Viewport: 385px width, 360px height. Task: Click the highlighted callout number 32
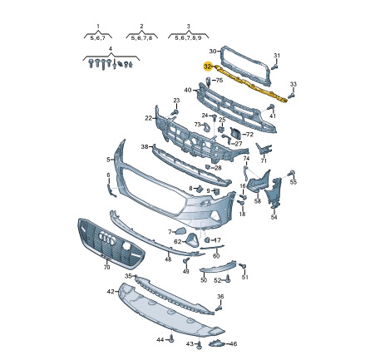208,67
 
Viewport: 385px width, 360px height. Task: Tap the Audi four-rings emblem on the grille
107,239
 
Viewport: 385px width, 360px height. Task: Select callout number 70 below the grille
106,267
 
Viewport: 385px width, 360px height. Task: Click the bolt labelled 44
171,338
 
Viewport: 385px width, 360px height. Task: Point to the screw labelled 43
199,345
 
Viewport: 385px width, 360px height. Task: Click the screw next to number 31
274,67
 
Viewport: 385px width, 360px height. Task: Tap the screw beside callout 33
291,96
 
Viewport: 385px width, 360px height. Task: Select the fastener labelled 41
270,107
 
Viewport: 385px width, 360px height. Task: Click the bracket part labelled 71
264,150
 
